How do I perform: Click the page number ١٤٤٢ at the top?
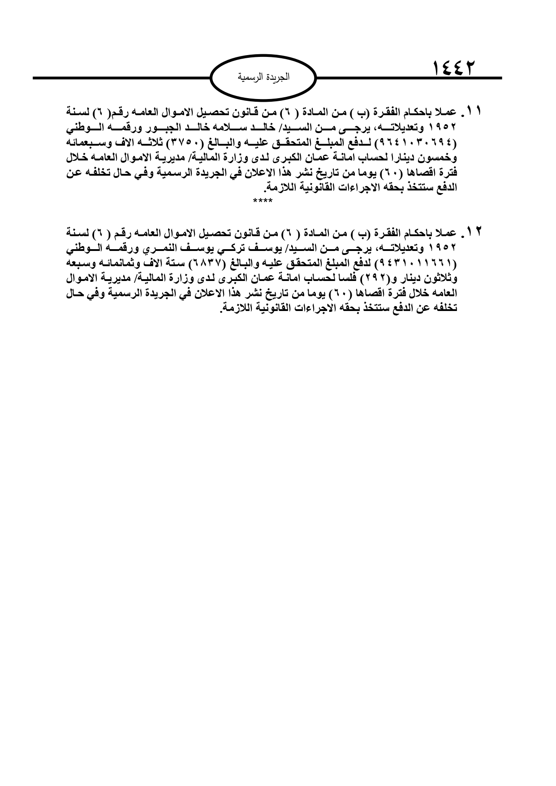[453, 69]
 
